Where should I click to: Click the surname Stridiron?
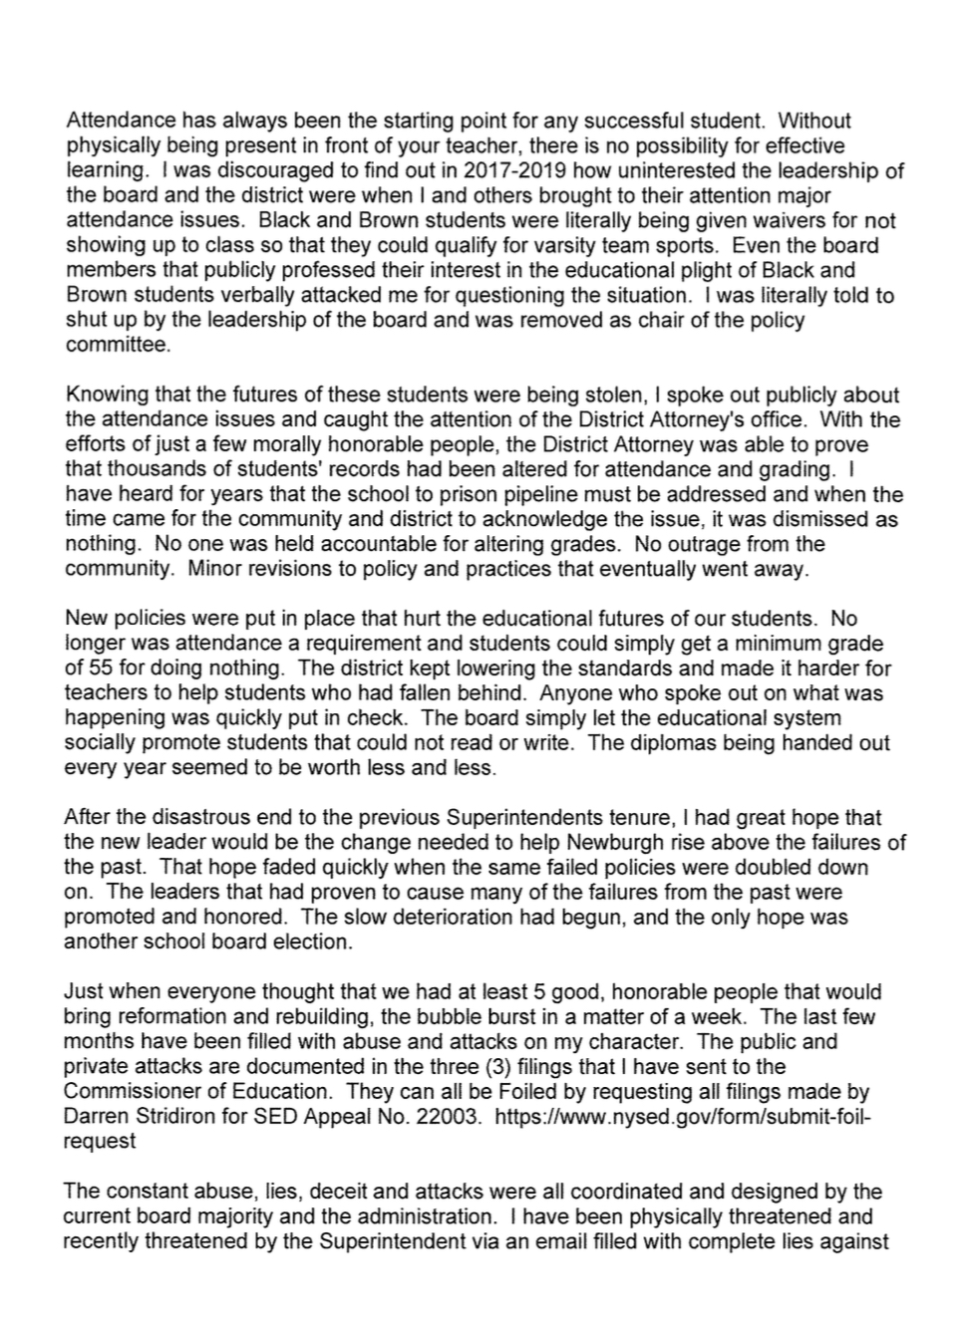180,1117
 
